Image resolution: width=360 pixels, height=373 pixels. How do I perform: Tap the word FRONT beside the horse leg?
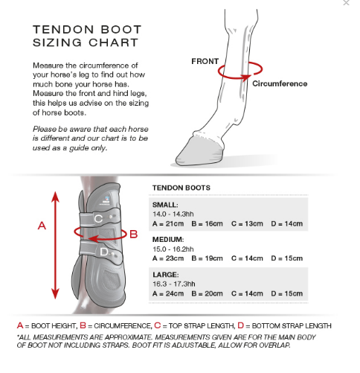pos(205,61)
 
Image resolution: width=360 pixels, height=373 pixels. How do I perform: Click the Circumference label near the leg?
pos(280,83)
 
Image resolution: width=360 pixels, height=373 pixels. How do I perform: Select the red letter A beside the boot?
pos(42,226)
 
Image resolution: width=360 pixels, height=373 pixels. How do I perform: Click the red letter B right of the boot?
pos(134,234)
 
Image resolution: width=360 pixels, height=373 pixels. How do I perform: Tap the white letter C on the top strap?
pos(99,218)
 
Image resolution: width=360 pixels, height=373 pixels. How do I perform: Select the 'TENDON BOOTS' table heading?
pos(181,188)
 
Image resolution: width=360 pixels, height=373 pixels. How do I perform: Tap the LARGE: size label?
pos(165,275)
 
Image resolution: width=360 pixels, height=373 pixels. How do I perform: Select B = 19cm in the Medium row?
pos(208,258)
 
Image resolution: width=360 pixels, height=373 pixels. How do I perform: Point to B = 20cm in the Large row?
pos(208,294)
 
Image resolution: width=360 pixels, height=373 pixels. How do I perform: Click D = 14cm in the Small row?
pos(287,223)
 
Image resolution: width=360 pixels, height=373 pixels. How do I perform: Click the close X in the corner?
pos(346,4)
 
